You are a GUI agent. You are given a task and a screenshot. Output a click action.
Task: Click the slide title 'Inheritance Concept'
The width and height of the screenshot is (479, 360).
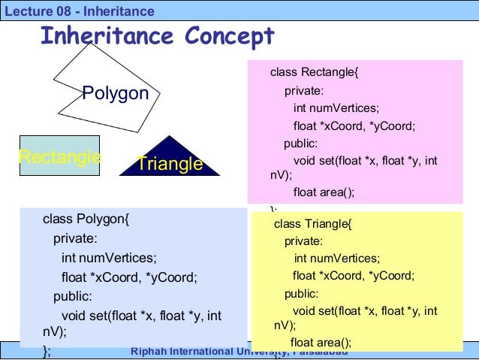click(x=157, y=35)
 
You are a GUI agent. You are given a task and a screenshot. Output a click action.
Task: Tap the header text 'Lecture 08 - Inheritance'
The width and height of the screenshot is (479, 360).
click(x=79, y=11)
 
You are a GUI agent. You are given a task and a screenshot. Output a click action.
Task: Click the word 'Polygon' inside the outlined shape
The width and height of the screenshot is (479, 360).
click(x=116, y=93)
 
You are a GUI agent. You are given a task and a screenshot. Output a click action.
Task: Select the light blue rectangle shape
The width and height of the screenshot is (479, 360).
click(x=59, y=156)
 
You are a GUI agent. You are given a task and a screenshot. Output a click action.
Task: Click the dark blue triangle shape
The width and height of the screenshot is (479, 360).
click(x=170, y=158)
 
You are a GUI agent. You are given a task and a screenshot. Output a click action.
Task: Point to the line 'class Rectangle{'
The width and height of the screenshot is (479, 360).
click(x=315, y=73)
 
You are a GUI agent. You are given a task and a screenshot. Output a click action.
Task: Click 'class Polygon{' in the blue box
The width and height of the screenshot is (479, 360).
click(x=86, y=219)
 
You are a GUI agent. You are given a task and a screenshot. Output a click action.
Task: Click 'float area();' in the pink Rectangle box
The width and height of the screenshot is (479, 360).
click(x=323, y=192)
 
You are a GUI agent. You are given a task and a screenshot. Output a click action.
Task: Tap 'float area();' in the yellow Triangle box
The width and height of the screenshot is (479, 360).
click(x=321, y=342)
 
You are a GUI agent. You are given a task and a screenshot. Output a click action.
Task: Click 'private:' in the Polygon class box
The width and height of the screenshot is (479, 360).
click(x=75, y=239)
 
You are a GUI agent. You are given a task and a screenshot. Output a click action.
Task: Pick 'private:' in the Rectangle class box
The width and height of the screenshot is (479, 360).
click(x=303, y=91)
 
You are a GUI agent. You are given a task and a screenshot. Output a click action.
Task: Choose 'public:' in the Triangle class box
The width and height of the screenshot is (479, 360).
click(x=301, y=294)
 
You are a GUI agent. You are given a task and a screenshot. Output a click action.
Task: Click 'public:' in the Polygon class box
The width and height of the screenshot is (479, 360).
click(x=73, y=295)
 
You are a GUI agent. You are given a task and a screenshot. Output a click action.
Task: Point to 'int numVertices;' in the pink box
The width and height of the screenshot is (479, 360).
click(x=336, y=108)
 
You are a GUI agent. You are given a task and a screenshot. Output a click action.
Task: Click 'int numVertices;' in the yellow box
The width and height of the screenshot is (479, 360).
click(x=336, y=258)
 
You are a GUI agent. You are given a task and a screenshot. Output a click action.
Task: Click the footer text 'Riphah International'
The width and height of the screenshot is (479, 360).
click(x=191, y=352)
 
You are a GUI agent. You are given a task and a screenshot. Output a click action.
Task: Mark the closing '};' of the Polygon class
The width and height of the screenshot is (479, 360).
click(x=47, y=350)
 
